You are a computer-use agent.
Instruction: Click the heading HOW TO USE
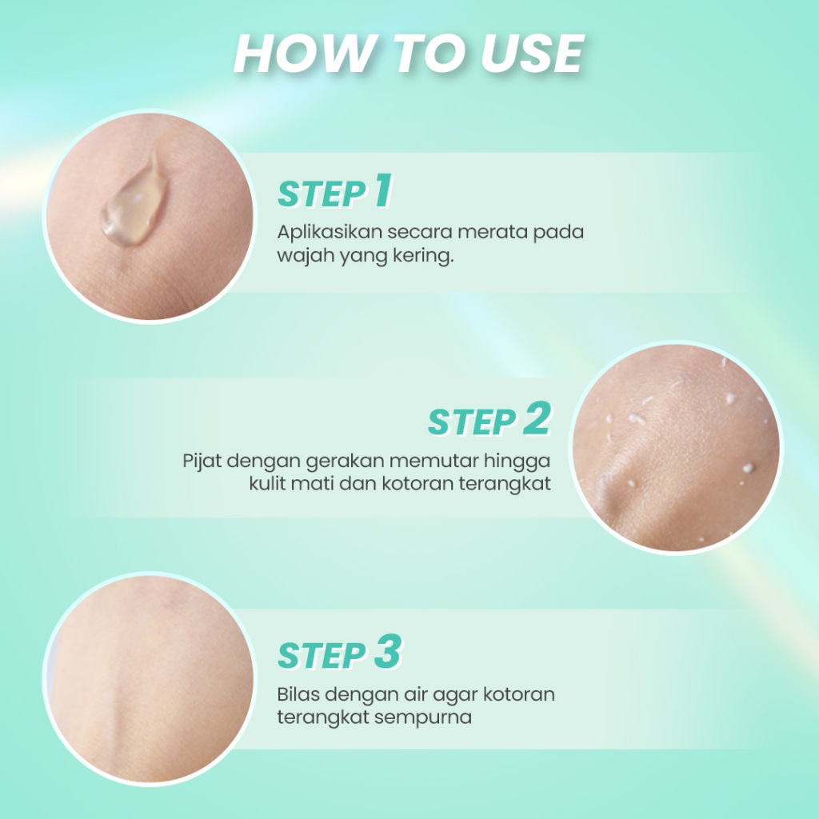coord(409,54)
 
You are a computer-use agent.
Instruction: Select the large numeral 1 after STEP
coord(382,192)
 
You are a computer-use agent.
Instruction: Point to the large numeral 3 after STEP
coord(386,653)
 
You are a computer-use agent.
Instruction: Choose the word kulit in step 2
coord(266,485)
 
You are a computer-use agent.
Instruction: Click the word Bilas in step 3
coord(297,693)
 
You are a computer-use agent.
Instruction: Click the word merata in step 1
coord(485,233)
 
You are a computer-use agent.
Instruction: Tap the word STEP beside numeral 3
coord(322,656)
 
